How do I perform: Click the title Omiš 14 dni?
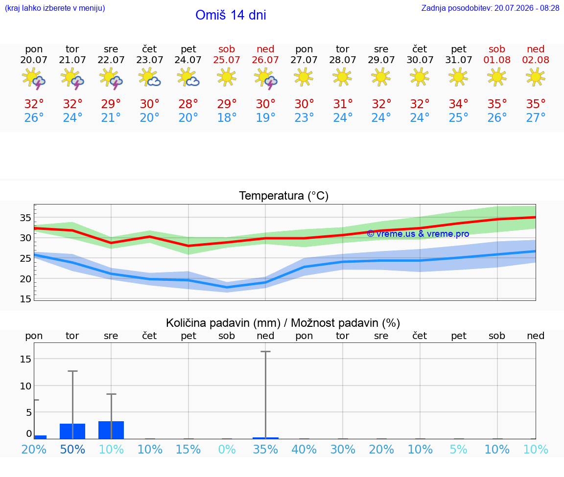point(231,15)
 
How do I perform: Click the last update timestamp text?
point(490,8)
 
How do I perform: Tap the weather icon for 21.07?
point(72,78)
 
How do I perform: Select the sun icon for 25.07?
point(227,77)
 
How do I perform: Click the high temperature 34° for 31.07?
point(458,104)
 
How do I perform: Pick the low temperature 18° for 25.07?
point(227,117)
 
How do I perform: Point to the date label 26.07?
point(265,60)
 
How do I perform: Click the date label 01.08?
point(497,60)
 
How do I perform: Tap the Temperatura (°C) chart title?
point(284,196)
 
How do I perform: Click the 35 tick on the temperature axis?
point(25,218)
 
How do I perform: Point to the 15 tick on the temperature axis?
point(25,299)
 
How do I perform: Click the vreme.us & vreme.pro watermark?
point(418,234)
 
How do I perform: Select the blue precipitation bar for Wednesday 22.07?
point(111,430)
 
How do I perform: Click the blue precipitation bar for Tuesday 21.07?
point(72,432)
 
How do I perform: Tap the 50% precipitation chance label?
point(72,449)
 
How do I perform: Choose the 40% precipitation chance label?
point(304,449)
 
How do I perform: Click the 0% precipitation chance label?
point(227,449)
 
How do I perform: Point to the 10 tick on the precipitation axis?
point(25,386)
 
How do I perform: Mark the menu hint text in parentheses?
point(55,8)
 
